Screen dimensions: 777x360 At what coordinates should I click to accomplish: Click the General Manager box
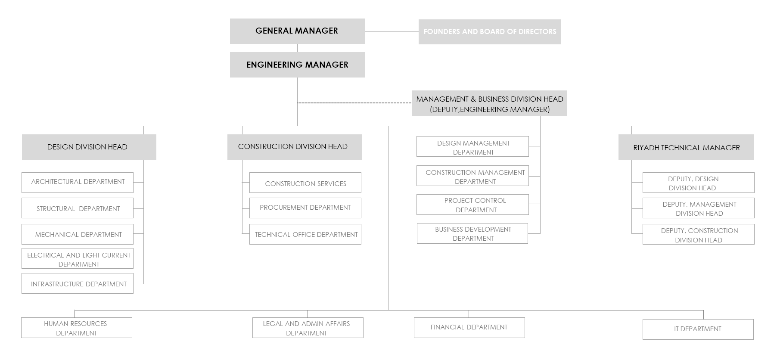297,31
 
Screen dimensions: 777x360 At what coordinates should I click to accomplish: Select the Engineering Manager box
297,65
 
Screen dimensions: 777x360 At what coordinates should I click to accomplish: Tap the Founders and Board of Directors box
489,31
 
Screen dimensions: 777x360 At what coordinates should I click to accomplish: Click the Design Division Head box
89,147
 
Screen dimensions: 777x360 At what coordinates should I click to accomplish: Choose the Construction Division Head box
294,147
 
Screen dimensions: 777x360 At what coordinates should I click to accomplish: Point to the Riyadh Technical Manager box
686,147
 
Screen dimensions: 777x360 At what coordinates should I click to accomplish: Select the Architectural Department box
78,183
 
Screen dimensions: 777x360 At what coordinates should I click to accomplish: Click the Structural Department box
78,208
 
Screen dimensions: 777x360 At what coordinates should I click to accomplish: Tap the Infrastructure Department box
78,283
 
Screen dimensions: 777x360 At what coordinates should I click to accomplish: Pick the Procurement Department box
305,208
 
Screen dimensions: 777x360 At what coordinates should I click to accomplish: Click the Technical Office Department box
305,234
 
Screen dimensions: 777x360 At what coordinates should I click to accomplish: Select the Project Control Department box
472,205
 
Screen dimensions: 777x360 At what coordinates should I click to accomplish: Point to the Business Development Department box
472,233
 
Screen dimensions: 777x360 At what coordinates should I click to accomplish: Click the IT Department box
698,329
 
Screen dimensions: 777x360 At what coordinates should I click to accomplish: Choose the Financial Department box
469,328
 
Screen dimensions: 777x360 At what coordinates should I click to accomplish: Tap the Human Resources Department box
77,328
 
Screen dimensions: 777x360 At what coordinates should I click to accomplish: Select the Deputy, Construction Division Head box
699,234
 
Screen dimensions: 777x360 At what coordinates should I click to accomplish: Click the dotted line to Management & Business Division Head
355,103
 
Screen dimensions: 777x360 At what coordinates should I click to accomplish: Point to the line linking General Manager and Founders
392,31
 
